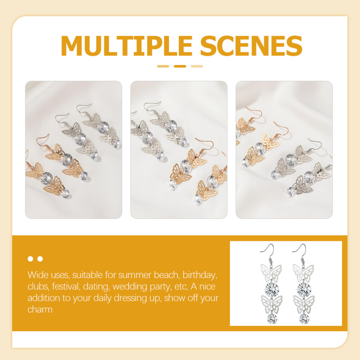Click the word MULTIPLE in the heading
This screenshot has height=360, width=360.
126,46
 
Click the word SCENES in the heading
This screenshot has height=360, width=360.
251,46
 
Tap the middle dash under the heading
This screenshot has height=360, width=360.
180,66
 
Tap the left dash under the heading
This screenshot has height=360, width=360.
163,66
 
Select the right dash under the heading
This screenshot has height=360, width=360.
197,66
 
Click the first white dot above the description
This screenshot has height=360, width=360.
30,259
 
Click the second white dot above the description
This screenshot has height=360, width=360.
40,259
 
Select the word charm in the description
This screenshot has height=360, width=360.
40,310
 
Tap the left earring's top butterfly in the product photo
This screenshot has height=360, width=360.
271,273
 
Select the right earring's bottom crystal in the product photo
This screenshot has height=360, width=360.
304,319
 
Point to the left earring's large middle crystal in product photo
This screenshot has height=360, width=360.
272,289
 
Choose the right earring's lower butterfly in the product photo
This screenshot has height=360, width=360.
304,305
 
